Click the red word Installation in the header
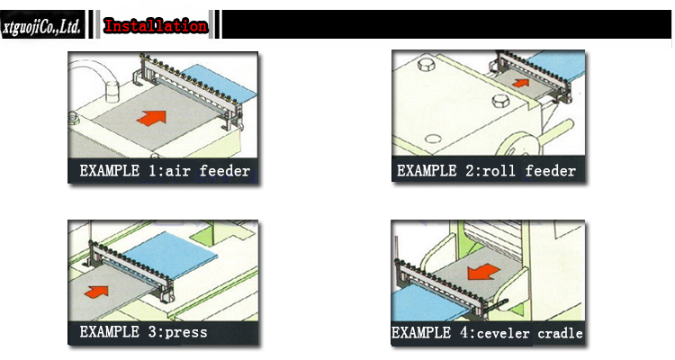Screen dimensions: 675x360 156,26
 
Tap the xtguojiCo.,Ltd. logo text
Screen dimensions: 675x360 41,27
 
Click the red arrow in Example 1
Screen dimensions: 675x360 151,118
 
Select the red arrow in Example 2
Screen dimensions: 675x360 521,83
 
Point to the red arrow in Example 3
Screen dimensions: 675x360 96,292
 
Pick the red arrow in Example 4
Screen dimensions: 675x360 483,272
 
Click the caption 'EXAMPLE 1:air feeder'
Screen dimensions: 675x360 165,171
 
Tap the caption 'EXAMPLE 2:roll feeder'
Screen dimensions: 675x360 486,171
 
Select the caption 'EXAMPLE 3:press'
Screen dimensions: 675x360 143,332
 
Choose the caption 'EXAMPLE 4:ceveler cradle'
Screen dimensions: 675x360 487,333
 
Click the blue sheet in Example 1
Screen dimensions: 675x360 219,82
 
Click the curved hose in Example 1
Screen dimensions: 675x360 93,73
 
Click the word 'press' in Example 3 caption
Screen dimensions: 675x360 186,333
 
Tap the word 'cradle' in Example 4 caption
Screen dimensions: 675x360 561,333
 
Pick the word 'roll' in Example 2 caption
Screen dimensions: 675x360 499,171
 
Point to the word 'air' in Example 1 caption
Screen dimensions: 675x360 178,171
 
